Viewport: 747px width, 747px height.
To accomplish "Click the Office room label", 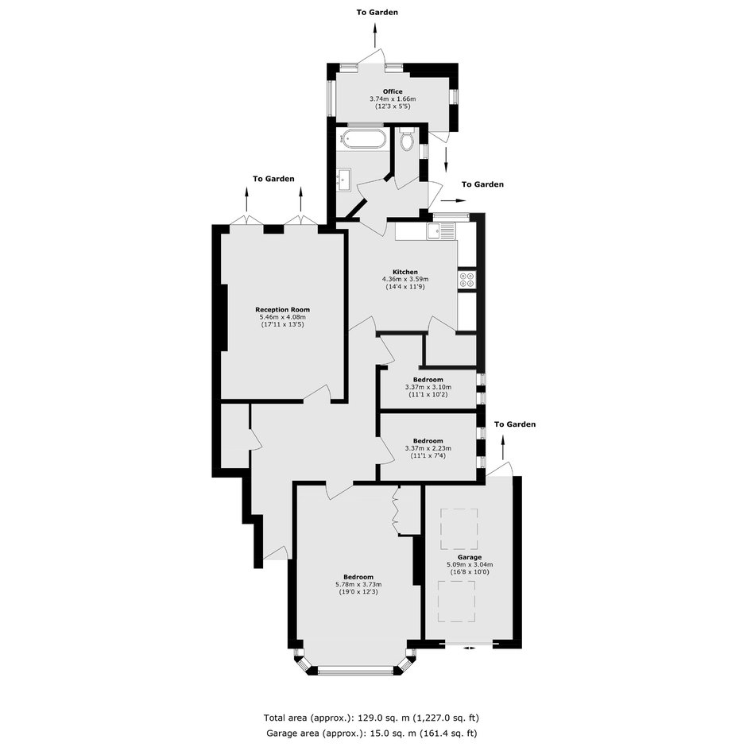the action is click(393, 91).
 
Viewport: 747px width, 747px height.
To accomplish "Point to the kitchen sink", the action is click(441, 231).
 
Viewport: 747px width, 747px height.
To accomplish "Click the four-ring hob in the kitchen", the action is click(467, 279).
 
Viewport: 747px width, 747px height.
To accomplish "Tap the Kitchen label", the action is click(405, 272).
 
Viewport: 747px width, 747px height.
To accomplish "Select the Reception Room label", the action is click(282, 310).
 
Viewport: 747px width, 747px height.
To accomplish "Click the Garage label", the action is click(470, 557).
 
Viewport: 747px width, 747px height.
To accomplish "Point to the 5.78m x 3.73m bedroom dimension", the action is click(358, 585).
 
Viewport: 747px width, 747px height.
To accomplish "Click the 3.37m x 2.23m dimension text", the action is click(428, 448).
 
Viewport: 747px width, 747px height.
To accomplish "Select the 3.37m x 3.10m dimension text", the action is click(428, 387).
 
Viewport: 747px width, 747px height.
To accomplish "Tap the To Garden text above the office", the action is click(377, 13).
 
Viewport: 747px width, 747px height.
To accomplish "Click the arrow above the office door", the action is click(374, 34).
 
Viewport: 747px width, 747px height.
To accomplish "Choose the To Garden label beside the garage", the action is click(514, 424).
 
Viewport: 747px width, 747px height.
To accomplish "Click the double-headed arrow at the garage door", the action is click(469, 648).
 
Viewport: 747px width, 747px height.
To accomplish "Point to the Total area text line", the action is click(371, 718).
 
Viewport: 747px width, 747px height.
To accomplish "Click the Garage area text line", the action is click(371, 733).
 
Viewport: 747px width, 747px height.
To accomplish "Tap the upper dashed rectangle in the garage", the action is click(459, 528).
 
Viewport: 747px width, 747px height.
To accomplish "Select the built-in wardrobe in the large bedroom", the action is click(408, 511).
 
